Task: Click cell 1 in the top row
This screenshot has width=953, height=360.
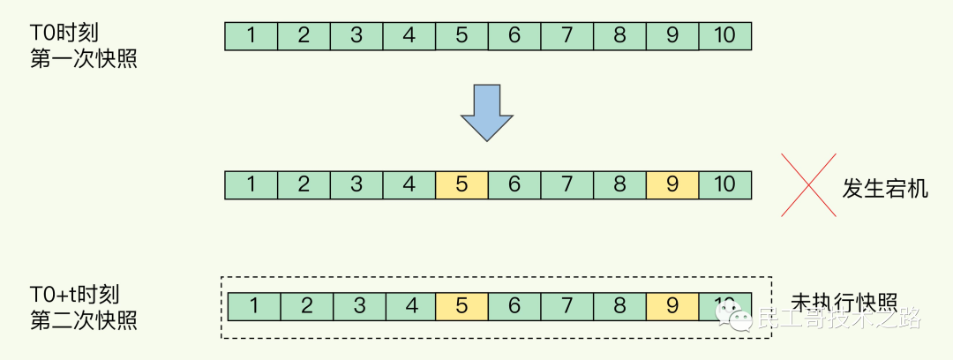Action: click(251, 36)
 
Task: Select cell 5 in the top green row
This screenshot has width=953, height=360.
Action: click(461, 36)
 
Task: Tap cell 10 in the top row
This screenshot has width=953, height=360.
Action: click(724, 36)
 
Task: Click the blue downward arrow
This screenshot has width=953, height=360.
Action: click(486, 112)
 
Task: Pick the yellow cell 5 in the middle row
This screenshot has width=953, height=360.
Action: click(461, 185)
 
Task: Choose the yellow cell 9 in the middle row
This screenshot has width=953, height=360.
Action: click(672, 185)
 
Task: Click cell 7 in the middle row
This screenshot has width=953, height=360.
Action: click(567, 185)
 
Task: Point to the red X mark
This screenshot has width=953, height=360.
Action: click(808, 184)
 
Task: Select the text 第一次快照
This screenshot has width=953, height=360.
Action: click(84, 61)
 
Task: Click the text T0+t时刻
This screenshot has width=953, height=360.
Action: click(74, 293)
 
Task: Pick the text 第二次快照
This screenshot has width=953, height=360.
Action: click(84, 319)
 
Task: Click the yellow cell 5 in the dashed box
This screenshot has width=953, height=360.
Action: click(461, 307)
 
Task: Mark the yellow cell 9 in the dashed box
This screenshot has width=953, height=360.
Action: click(672, 307)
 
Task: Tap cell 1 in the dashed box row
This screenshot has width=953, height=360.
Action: click(254, 307)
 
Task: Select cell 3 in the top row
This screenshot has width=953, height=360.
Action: click(356, 36)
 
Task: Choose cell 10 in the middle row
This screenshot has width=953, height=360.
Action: click(724, 185)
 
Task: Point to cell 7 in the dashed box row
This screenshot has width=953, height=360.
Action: click(567, 307)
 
